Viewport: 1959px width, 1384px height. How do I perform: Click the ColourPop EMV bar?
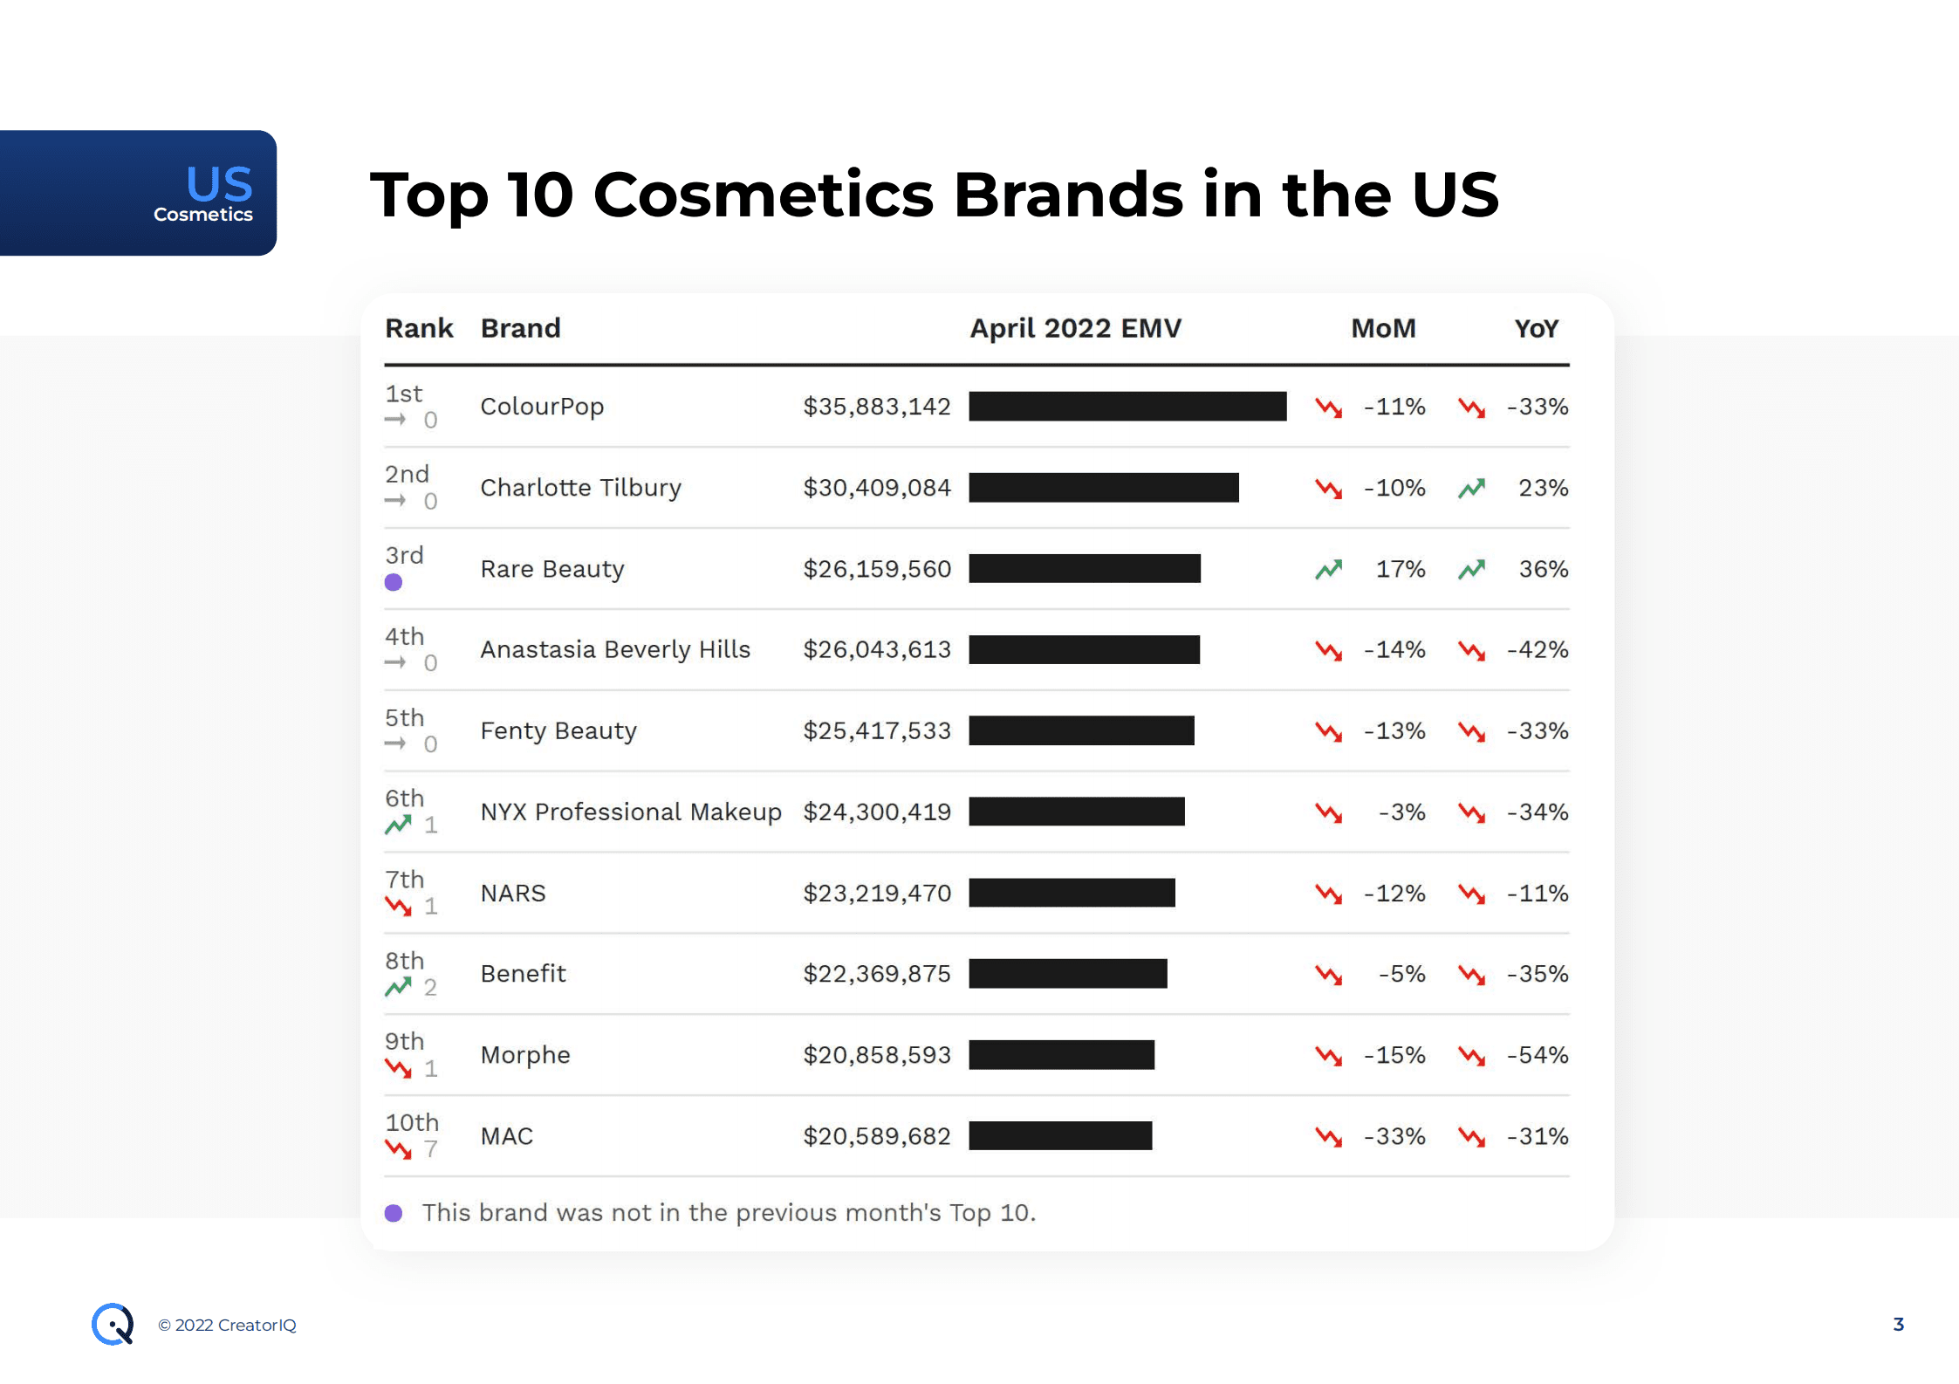[1127, 407]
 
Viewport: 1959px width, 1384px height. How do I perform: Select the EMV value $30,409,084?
[876, 488]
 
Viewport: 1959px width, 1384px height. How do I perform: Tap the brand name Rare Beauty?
[552, 569]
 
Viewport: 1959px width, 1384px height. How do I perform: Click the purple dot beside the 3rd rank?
[394, 582]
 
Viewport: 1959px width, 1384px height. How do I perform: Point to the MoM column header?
[1383, 328]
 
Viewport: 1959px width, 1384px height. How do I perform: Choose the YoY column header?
[1536, 328]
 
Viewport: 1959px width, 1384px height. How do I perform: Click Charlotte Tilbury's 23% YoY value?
[1543, 488]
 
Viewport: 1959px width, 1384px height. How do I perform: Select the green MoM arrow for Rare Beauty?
[1328, 570]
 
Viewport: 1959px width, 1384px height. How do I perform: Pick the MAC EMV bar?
[1060, 1136]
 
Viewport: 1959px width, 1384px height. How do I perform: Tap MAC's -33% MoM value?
[1394, 1136]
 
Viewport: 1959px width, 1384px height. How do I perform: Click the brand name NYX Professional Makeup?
[631, 812]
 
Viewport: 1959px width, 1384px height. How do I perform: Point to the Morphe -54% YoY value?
[1538, 1055]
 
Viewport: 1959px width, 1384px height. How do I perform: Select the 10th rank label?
[412, 1122]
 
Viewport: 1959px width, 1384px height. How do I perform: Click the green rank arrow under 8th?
[398, 987]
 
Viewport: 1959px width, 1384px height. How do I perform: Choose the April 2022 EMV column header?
[1075, 328]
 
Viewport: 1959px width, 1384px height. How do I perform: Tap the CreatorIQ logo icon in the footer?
[113, 1324]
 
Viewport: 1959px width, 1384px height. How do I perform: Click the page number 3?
[1898, 1324]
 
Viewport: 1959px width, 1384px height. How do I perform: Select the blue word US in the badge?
[219, 183]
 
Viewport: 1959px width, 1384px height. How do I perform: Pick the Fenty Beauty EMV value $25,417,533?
[876, 730]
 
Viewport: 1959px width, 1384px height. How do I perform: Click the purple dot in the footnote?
[394, 1213]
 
